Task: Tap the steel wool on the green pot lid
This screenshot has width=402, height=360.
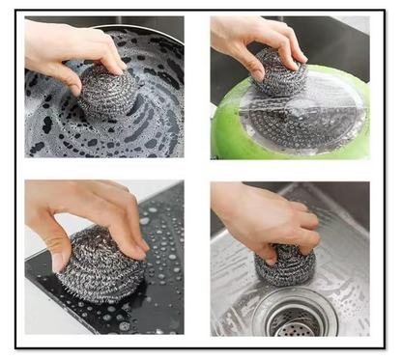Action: (279, 75)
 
